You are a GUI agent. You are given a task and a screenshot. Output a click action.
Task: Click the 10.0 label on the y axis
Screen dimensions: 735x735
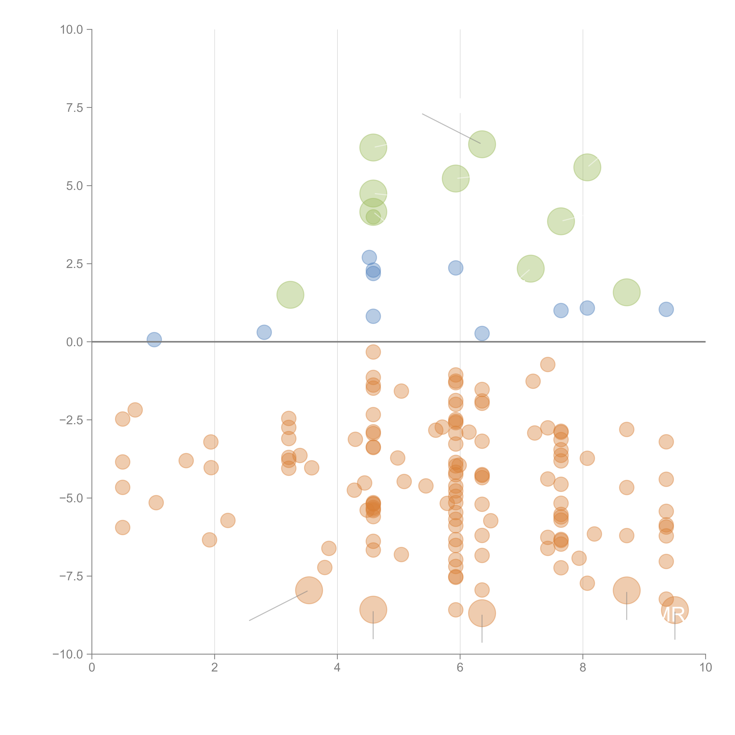tap(72, 30)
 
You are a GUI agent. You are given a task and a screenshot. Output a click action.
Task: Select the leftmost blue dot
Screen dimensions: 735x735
tap(154, 339)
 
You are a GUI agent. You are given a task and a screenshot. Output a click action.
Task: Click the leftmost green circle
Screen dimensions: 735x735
tap(290, 295)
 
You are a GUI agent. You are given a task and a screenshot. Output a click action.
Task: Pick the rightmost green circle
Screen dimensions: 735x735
tap(627, 292)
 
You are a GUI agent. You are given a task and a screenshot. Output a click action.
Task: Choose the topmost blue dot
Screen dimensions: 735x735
tap(369, 258)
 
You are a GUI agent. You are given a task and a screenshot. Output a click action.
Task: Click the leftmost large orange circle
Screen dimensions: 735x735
tap(309, 590)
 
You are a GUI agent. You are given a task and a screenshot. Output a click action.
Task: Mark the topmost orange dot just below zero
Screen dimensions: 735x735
tap(373, 352)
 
